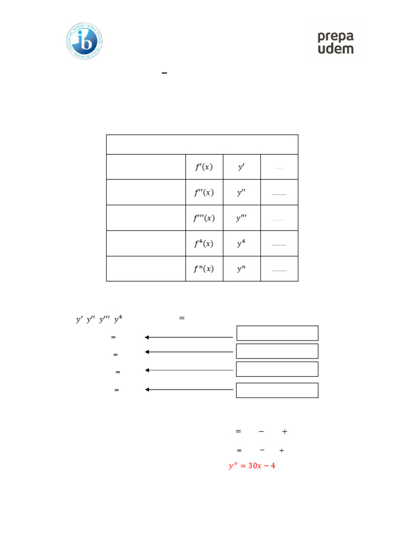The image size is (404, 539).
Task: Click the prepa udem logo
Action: tap(335, 42)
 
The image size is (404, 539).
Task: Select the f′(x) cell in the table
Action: tap(204, 167)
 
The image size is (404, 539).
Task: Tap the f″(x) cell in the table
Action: tap(204, 193)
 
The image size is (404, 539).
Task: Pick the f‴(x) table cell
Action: tap(204, 218)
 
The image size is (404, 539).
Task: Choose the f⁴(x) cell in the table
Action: tap(204, 244)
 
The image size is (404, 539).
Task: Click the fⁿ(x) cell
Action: tap(204, 269)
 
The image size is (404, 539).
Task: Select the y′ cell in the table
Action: tap(241, 167)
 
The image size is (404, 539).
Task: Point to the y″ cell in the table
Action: tap(241, 193)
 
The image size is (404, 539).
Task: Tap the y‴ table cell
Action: tap(241, 218)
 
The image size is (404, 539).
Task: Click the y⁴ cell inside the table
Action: tap(241, 244)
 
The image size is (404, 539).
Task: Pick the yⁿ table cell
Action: tap(241, 269)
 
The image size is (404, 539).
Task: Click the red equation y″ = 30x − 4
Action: tap(252, 466)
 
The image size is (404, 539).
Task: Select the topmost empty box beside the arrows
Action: tap(277, 333)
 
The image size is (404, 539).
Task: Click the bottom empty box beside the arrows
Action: tap(277, 390)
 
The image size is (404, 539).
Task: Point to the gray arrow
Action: tap(189, 370)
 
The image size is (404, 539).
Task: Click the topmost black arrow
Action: tap(189, 337)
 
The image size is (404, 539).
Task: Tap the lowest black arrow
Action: tap(189, 390)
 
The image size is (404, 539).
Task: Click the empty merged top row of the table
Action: tap(202, 144)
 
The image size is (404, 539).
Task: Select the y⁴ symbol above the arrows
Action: tap(118, 319)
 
